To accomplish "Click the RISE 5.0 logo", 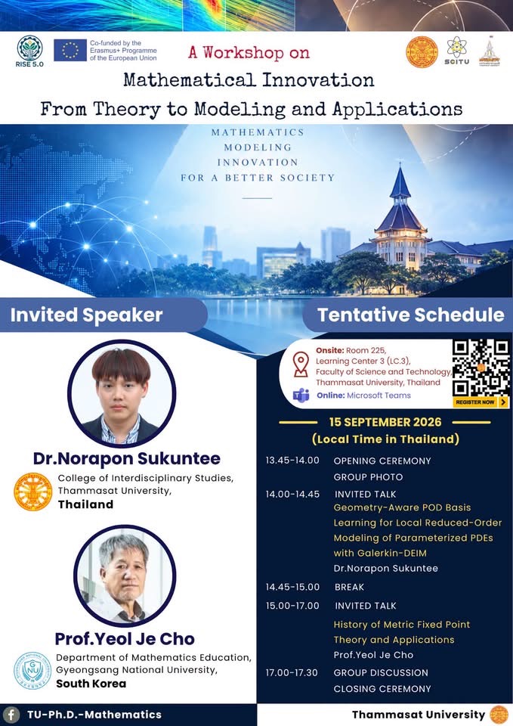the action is [29, 51].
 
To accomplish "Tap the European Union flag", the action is [70, 50].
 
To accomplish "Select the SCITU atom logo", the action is [456, 51].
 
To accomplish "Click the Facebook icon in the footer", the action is [11, 715].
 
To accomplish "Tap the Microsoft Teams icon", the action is [301, 396].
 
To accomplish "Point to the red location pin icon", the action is [301, 364].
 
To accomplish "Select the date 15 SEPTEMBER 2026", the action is [385, 422].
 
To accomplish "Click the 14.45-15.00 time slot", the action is [292, 587].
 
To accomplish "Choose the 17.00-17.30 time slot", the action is [292, 673].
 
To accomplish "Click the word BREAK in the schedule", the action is [349, 587].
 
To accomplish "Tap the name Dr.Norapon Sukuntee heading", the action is [127, 458].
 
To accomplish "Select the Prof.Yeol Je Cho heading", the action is [125, 639].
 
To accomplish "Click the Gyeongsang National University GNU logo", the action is [32, 671].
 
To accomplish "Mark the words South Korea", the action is [91, 684].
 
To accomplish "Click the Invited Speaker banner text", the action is [86, 315].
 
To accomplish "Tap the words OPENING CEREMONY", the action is [382, 461].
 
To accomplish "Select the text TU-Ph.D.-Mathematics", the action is [94, 715].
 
